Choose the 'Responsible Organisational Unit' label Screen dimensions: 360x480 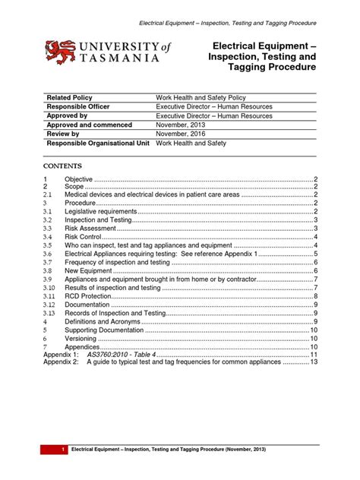(x=99, y=143)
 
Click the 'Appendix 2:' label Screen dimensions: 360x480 (x=61, y=363)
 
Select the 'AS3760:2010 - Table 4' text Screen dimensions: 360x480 (x=122, y=355)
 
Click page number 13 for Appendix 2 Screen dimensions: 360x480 (x=313, y=363)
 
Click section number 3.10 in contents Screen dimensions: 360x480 (x=49, y=288)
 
